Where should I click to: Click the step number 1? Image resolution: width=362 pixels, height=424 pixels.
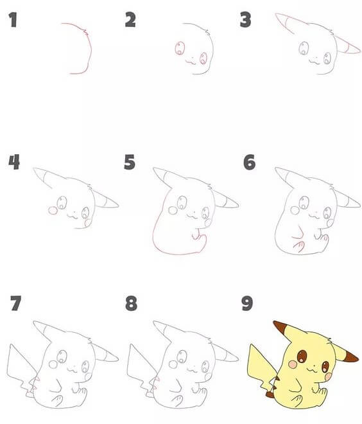tap(12, 21)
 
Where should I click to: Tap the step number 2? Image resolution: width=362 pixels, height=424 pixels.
tap(130, 21)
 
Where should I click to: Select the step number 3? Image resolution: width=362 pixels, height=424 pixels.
tap(245, 21)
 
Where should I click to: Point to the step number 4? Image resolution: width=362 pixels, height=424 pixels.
tap(13, 162)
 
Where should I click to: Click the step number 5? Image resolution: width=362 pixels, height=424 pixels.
tap(130, 162)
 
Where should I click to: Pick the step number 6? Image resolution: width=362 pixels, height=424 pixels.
tap(249, 162)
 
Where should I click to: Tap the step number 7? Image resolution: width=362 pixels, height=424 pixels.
tap(16, 303)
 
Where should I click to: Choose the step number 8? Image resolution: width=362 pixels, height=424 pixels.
tap(132, 303)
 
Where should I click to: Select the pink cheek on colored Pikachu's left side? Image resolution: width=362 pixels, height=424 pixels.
tap(293, 365)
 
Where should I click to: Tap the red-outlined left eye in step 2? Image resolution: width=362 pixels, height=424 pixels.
tap(180, 48)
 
